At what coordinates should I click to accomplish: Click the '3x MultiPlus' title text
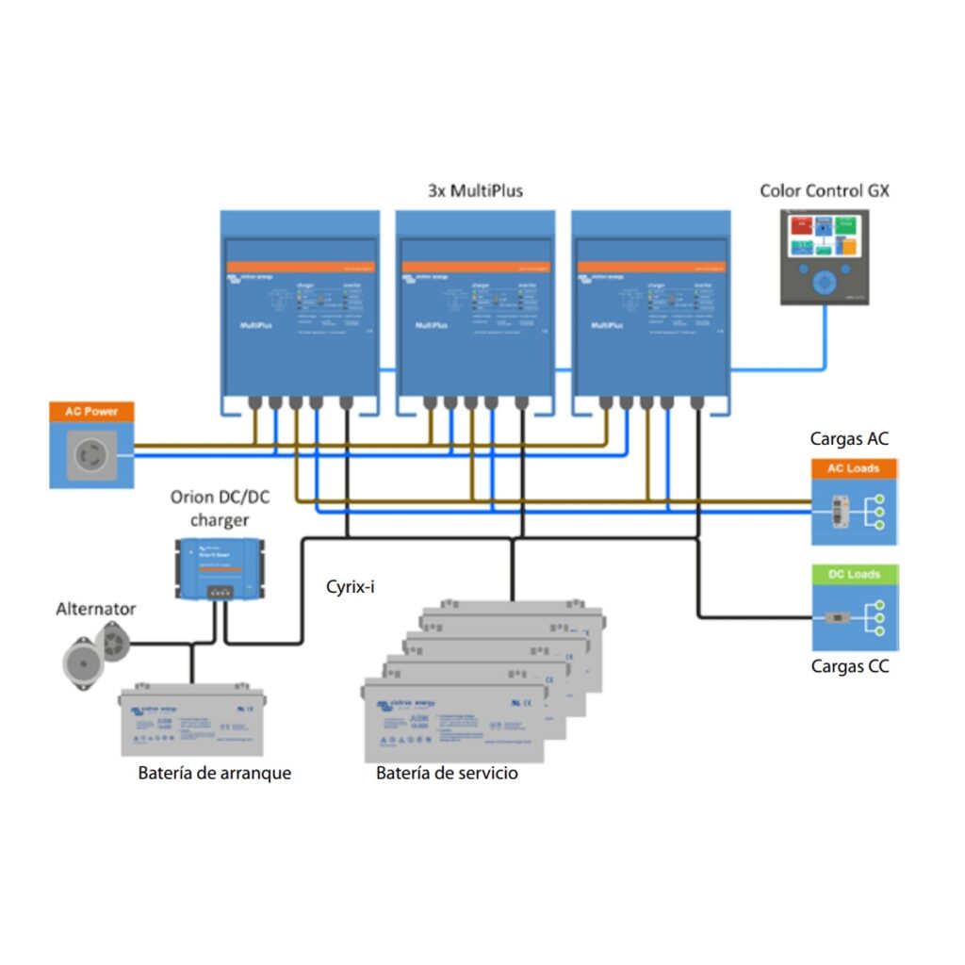(x=475, y=190)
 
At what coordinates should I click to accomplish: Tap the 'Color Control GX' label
(x=825, y=190)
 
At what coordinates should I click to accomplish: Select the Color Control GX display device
(x=825, y=256)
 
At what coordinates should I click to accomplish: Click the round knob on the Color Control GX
(x=825, y=282)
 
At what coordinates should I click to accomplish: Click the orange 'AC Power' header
(x=91, y=412)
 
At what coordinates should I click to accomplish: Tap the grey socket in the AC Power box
(x=91, y=455)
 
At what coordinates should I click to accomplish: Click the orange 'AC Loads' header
(x=855, y=468)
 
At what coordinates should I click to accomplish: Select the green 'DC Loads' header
(x=855, y=574)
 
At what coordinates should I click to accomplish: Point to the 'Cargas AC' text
(x=849, y=439)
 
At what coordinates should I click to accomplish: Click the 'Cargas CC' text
(x=849, y=666)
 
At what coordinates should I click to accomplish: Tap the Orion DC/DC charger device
(x=219, y=566)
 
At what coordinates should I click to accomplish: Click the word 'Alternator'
(x=95, y=609)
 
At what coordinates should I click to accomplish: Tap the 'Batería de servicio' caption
(x=447, y=774)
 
